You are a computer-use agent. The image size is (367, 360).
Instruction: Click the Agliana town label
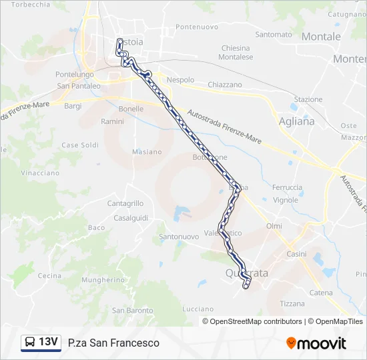pyautogui.click(x=297, y=121)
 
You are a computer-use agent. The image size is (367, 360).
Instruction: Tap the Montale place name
pyautogui.click(x=321, y=37)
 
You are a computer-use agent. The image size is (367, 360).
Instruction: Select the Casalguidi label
pyautogui.click(x=129, y=218)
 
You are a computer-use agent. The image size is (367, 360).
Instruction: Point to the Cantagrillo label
pyautogui.click(x=125, y=203)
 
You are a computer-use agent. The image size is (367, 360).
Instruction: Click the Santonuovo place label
pyautogui.click(x=179, y=237)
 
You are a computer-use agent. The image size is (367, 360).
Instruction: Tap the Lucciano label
pyautogui.click(x=197, y=310)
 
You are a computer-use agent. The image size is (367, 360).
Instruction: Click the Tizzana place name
pyautogui.click(x=292, y=303)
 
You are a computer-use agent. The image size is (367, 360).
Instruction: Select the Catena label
pyautogui.click(x=321, y=293)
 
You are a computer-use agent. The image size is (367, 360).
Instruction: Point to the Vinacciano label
pyautogui.click(x=40, y=173)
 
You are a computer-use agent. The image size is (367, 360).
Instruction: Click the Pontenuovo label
pyautogui.click(x=197, y=27)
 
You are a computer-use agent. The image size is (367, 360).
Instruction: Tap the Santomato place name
pyautogui.click(x=274, y=34)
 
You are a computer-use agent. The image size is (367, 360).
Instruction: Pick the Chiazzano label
pyautogui.click(x=225, y=85)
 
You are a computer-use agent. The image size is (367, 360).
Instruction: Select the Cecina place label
pyautogui.click(x=49, y=275)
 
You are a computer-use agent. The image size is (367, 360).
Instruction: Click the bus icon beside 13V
pyautogui.click(x=30, y=343)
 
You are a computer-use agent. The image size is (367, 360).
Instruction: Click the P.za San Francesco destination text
pyautogui.click(x=113, y=343)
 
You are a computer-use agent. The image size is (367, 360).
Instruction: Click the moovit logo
pyautogui.click(x=316, y=343)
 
